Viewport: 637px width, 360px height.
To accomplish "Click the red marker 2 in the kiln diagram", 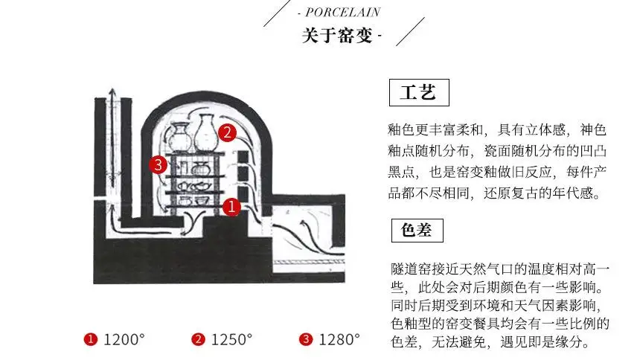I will (x=227, y=133).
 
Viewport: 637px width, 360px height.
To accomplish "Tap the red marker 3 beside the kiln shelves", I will (x=157, y=164).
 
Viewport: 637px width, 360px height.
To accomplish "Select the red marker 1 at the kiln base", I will (x=231, y=207).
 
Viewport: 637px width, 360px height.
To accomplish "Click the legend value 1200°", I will (x=124, y=340).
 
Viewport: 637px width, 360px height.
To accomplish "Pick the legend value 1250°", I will (x=231, y=340).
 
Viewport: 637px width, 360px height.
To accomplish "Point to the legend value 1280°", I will (x=339, y=340).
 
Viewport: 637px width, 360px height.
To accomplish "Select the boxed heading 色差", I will (x=417, y=230).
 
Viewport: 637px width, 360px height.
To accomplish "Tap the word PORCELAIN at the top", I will (x=343, y=12).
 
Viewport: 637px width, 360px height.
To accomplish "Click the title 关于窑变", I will (x=338, y=35).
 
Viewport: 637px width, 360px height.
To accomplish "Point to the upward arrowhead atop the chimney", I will (x=112, y=91).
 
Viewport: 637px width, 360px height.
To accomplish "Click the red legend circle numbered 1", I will (x=91, y=340).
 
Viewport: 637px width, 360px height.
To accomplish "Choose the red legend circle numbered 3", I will (x=306, y=340).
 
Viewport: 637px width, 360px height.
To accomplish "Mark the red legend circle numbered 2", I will (x=198, y=340).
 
